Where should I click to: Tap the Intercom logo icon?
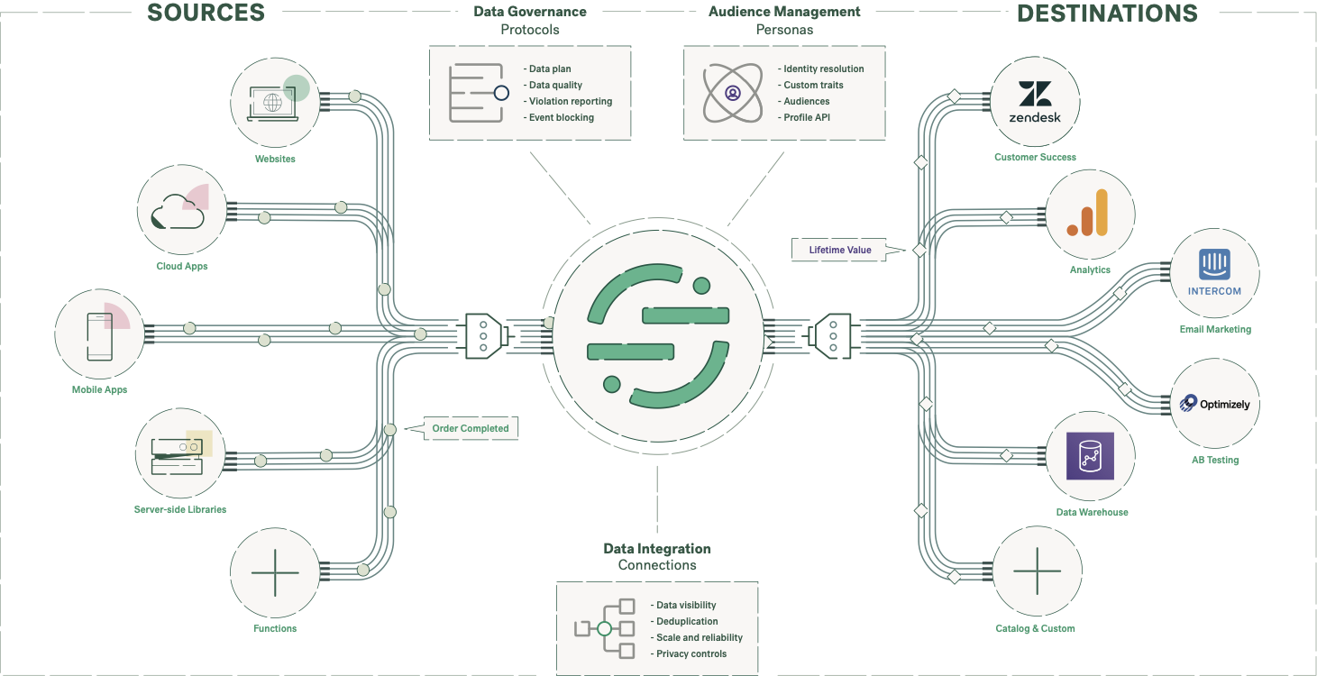click(x=1214, y=267)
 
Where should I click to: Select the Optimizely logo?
click(x=1214, y=404)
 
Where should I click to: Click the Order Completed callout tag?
click(x=471, y=428)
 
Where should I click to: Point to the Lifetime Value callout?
click(x=839, y=250)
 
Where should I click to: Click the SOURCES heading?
click(x=206, y=13)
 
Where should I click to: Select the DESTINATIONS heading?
click(x=1107, y=13)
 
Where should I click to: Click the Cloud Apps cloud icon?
click(x=178, y=214)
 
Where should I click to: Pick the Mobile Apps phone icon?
click(x=99, y=335)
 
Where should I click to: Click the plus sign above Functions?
click(x=275, y=573)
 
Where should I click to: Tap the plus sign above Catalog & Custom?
click(x=1038, y=572)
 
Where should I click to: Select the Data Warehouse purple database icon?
click(x=1090, y=455)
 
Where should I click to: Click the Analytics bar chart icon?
click(x=1087, y=214)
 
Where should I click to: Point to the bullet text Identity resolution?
click(x=823, y=69)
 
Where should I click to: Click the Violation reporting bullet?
click(x=570, y=101)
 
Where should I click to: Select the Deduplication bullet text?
click(x=687, y=621)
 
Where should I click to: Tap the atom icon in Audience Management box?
click(x=732, y=93)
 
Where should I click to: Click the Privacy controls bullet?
click(x=691, y=653)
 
